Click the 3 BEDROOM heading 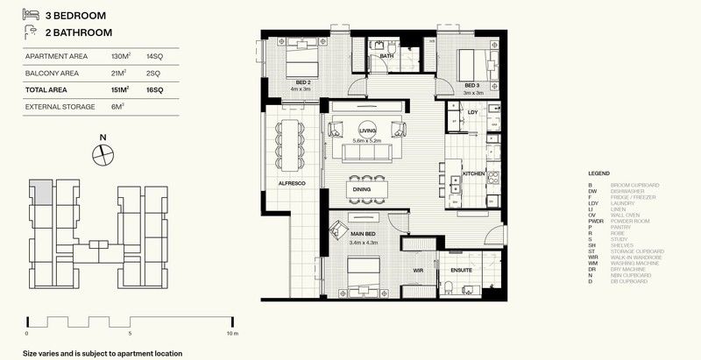[x=76, y=15]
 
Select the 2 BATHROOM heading [x=78, y=33]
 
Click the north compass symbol [x=103, y=152]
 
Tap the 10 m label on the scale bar [x=231, y=334]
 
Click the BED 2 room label [x=302, y=81]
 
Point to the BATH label [x=386, y=57]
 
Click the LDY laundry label [x=472, y=112]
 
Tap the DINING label [x=363, y=187]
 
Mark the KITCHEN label [x=473, y=174]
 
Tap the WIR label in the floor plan [x=419, y=271]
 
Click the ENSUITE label [x=463, y=271]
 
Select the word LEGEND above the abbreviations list [x=598, y=175]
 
